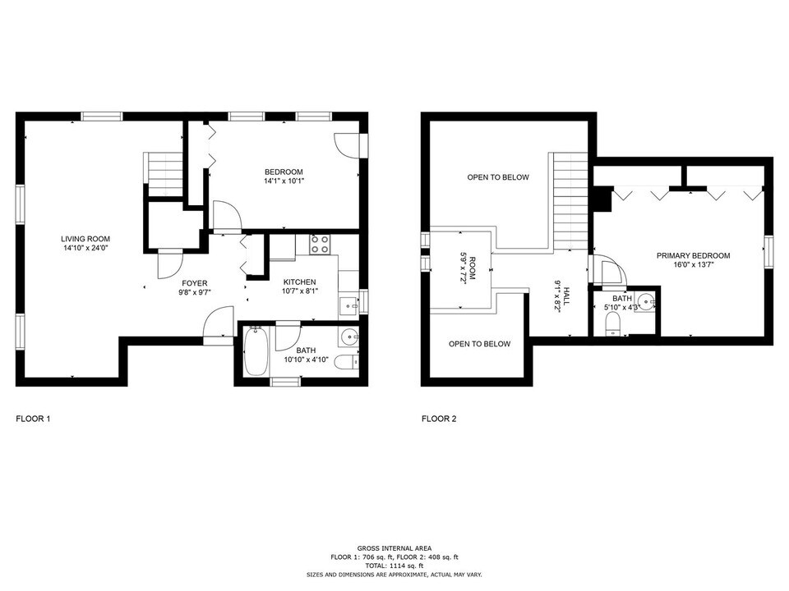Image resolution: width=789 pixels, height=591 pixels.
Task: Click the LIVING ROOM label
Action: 85,243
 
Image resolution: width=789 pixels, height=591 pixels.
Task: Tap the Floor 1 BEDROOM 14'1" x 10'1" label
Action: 284,176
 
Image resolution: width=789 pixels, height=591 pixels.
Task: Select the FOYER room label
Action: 195,287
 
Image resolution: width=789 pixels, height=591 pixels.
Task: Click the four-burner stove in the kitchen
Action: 320,244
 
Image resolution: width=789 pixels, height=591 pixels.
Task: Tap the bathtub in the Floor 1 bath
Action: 254,351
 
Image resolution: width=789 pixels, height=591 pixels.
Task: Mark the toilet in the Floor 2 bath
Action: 611,330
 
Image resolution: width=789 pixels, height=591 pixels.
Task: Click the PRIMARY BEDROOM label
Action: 693,260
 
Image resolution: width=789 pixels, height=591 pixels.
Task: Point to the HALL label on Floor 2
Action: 562,294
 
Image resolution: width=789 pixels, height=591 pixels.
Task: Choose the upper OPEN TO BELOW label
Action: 498,177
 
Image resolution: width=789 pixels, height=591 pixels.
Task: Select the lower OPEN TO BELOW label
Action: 479,344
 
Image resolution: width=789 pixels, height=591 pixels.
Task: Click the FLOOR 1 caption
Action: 34,419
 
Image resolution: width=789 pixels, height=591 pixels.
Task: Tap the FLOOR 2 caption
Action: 439,419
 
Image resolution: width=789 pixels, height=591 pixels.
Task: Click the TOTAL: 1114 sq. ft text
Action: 394,566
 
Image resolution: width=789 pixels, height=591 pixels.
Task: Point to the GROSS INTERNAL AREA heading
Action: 394,547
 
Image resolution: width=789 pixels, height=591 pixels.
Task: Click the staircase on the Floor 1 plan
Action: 165,171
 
